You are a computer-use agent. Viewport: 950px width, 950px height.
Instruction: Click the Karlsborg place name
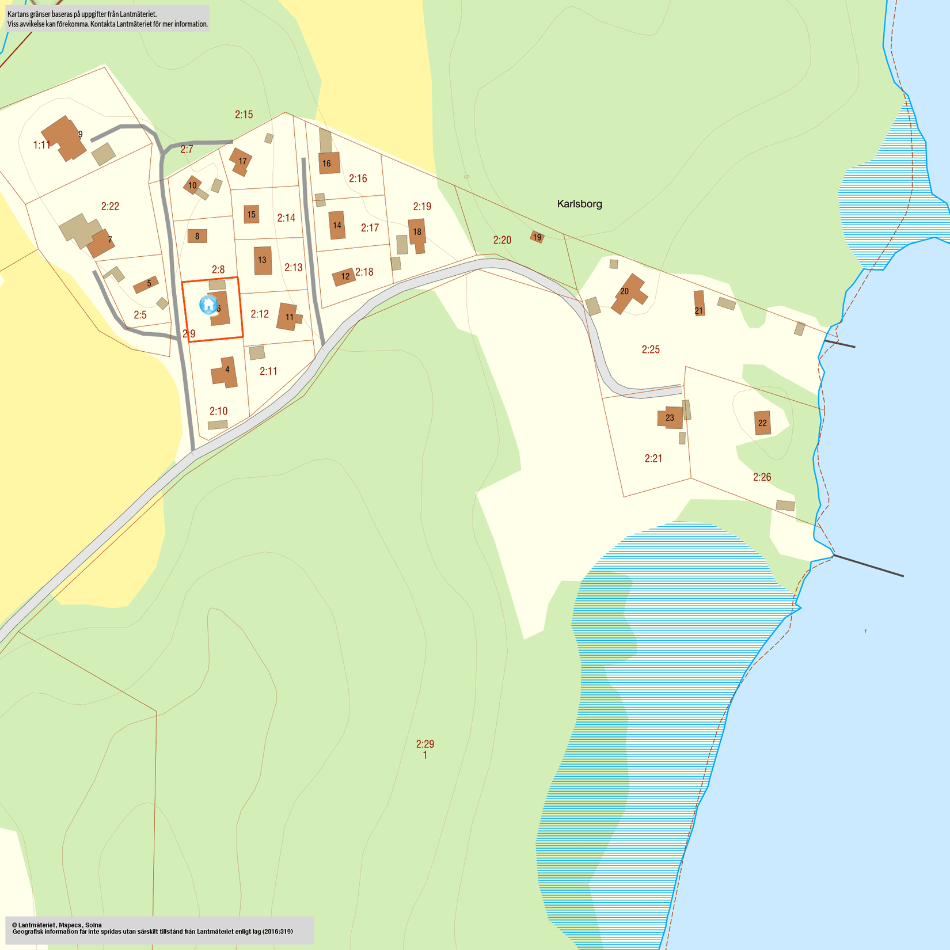tap(579, 204)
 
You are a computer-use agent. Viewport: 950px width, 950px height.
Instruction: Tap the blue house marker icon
tap(208, 304)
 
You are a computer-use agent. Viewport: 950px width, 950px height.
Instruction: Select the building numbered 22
tap(762, 423)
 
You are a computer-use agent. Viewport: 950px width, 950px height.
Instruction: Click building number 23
tap(670, 417)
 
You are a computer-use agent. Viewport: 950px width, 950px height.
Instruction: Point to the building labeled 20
tap(628, 292)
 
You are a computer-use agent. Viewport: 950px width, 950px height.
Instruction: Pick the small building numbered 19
tap(537, 237)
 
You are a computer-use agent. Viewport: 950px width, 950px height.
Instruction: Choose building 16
tap(328, 163)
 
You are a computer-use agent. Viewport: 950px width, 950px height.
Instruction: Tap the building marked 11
tap(288, 317)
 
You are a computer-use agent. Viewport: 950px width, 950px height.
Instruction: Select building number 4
tap(225, 371)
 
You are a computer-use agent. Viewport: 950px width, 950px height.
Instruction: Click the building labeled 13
tap(263, 260)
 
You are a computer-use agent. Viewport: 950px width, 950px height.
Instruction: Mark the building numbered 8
tap(197, 236)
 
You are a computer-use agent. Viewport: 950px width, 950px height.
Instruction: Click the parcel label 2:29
tap(425, 744)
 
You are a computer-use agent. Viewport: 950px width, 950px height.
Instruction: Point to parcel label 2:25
tap(651, 349)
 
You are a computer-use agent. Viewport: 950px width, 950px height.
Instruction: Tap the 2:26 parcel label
tap(762, 477)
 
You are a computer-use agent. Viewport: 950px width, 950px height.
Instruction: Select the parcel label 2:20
tap(502, 240)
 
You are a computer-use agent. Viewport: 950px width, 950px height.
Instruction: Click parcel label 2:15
tap(244, 115)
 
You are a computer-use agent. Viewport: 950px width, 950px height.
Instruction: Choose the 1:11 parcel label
tap(42, 145)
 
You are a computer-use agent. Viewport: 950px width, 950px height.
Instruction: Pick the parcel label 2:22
tap(110, 206)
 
